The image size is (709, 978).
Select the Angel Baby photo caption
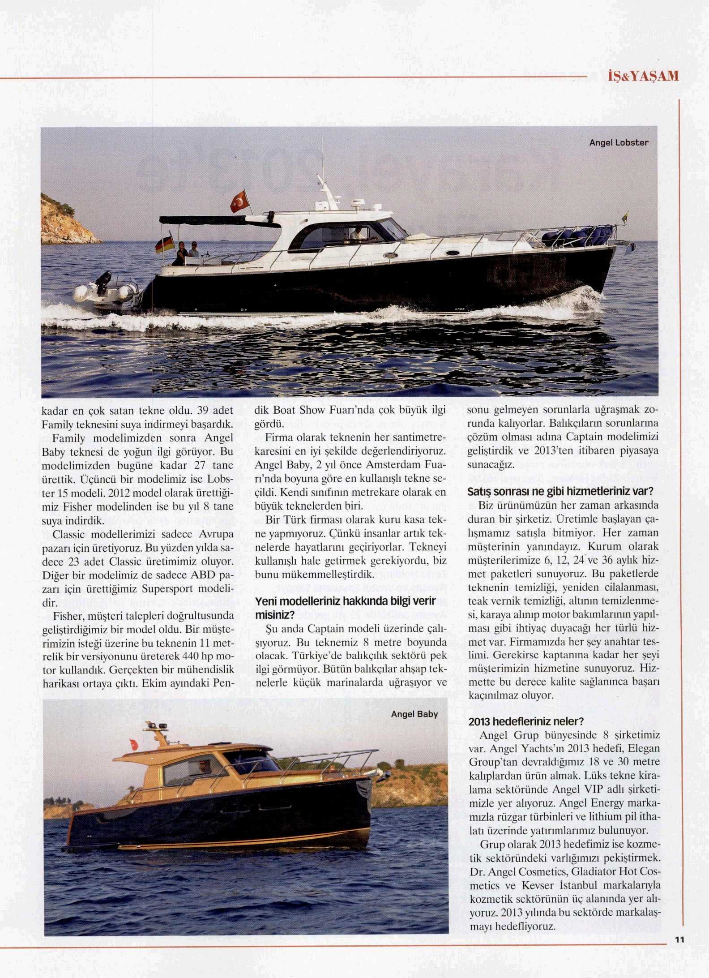tap(414, 714)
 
